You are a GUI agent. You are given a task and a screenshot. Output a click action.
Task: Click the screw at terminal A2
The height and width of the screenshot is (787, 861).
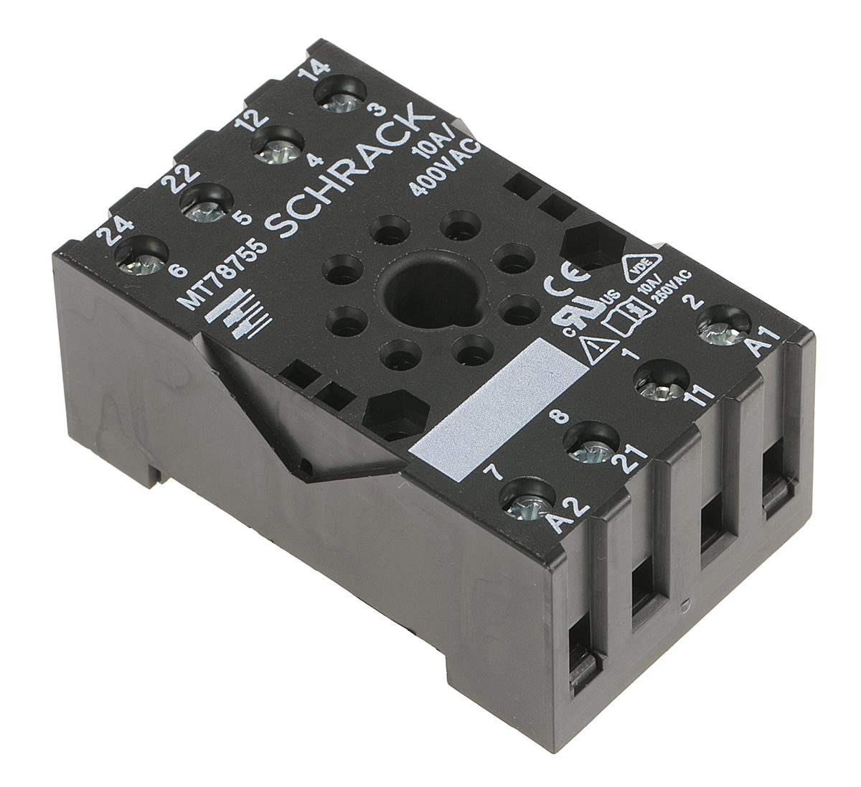coord(526,500)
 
